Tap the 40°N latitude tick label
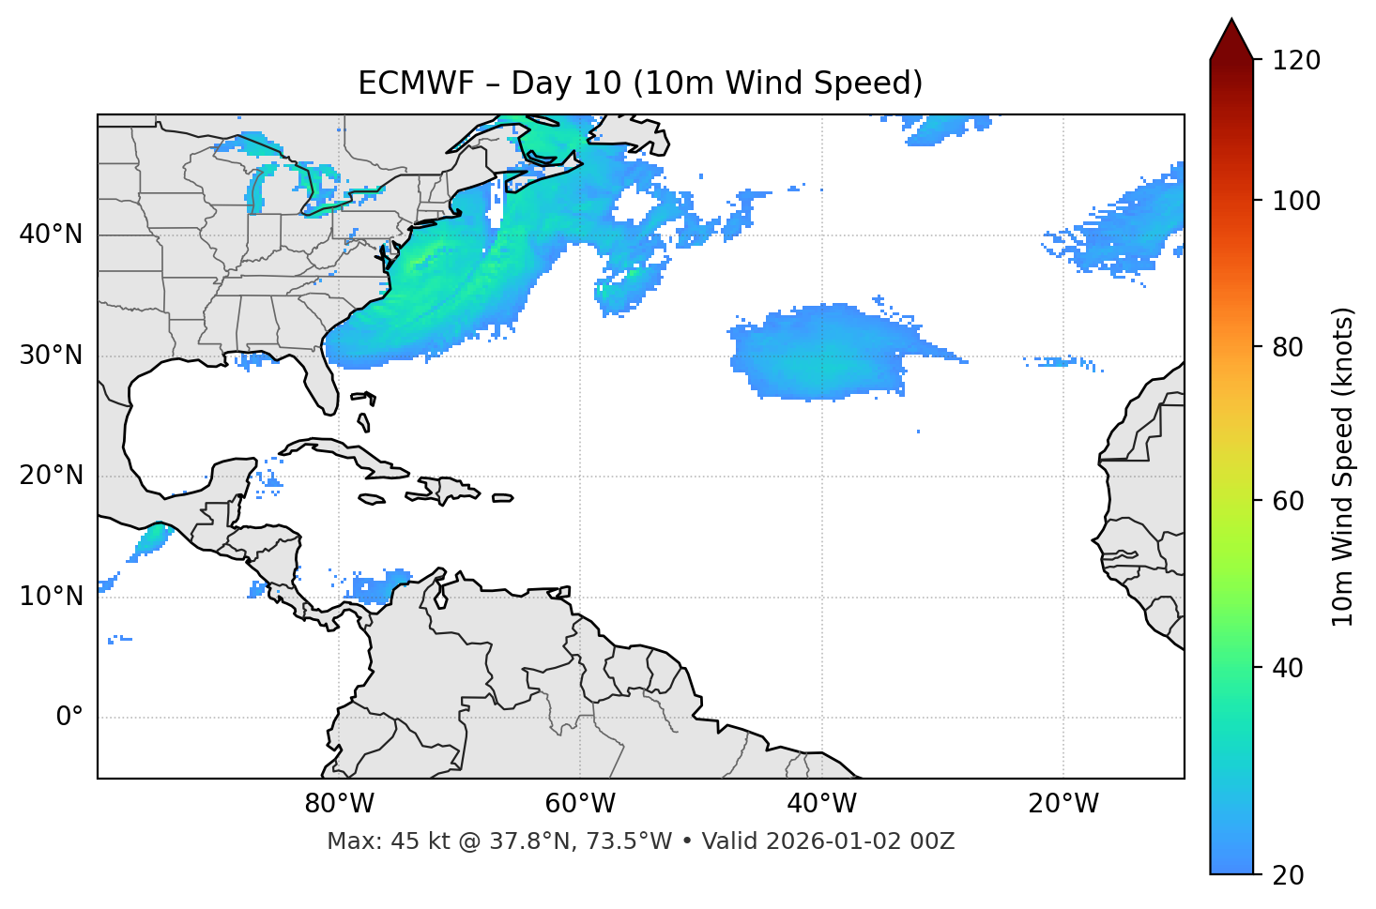pos(51,234)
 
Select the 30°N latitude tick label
pos(51,355)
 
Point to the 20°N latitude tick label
pos(51,476)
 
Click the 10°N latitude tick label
pos(51,597)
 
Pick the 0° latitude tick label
pos(69,718)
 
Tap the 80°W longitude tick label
pos(339,804)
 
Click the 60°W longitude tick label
pos(580,804)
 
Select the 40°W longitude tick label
pos(821,804)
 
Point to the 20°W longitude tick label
pos(1063,804)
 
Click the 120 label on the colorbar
pos(1296,60)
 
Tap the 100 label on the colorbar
pos(1296,201)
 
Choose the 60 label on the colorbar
pos(1288,501)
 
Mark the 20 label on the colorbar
pos(1288,874)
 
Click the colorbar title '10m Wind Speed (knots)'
pos(1343,466)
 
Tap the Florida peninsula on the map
pos(319,385)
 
